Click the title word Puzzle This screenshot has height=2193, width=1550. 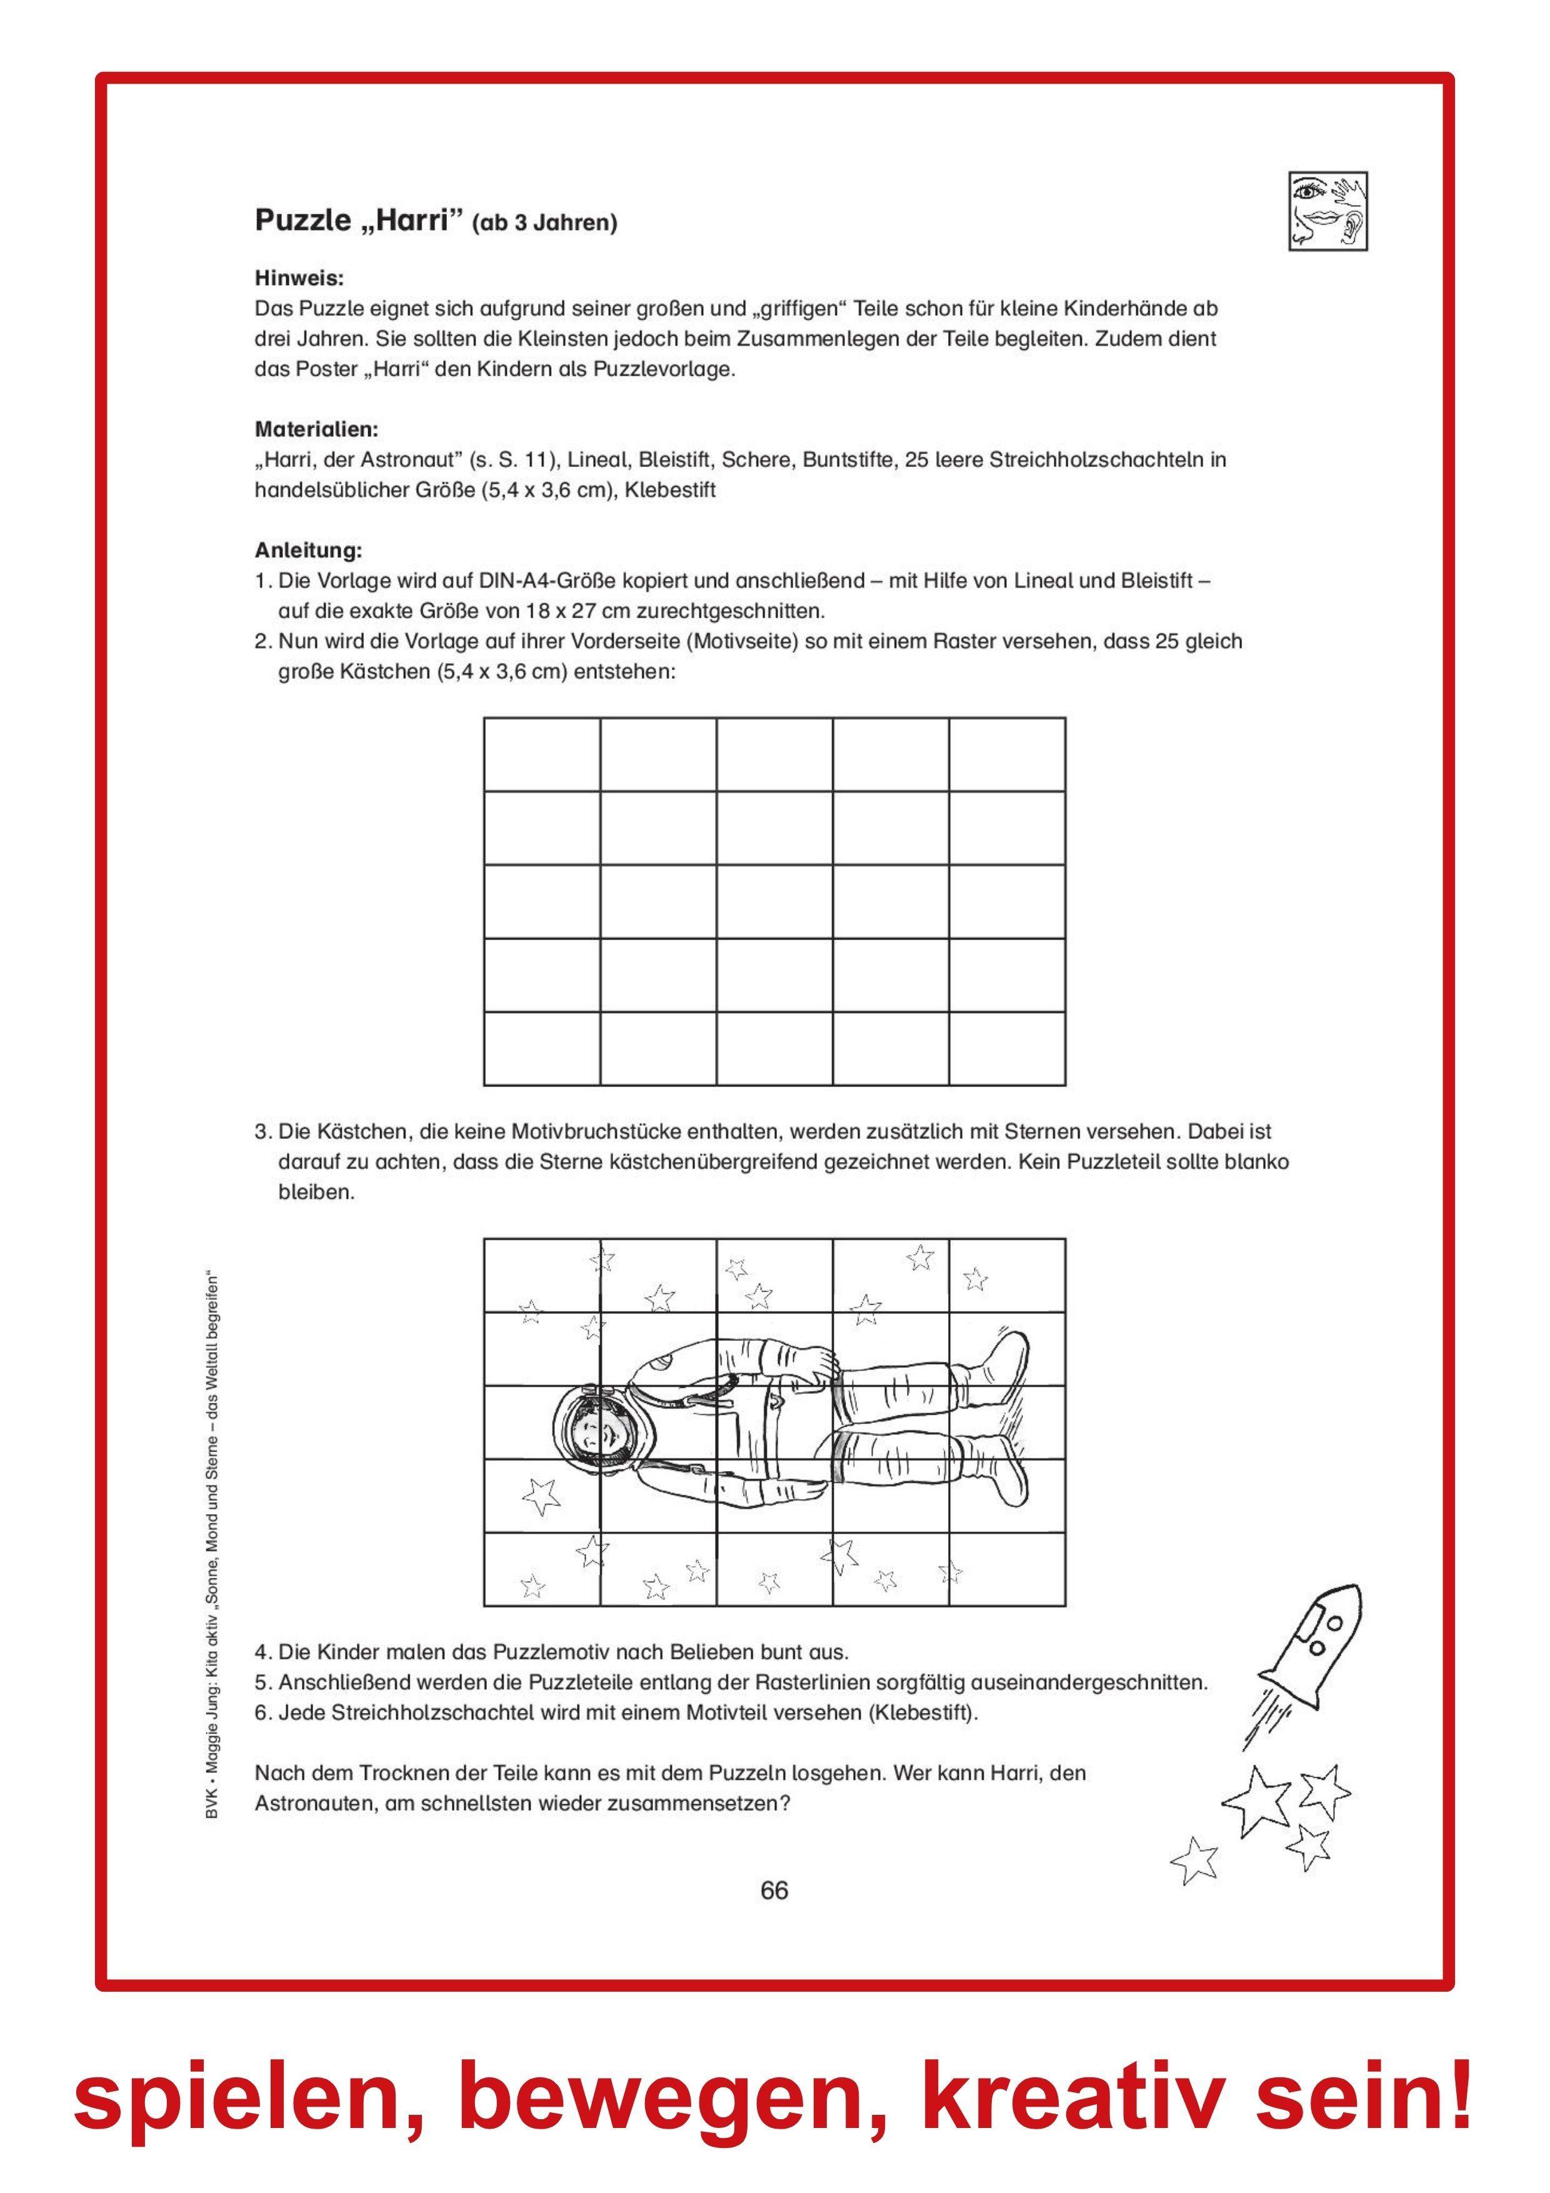302,221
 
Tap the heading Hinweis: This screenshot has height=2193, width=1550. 299,278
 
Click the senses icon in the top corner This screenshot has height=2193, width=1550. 1327,212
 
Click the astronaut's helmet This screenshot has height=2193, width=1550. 594,1429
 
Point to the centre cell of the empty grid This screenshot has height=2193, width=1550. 774,901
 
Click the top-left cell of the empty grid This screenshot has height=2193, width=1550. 542,755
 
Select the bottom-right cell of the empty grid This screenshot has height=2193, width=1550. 1007,1049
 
